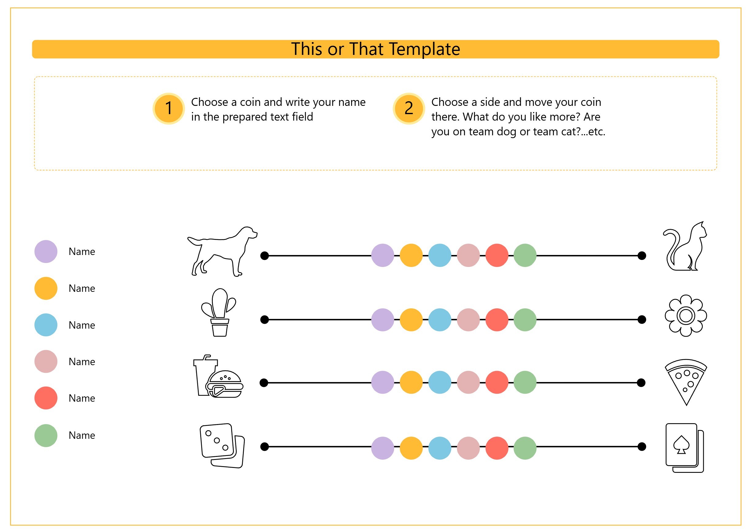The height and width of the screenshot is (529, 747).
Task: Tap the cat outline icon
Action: point(685,246)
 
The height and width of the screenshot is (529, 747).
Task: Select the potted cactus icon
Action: point(218,312)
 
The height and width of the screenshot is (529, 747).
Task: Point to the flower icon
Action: point(685,316)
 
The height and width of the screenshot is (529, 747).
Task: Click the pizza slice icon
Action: point(686,382)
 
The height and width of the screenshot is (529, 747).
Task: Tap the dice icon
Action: point(222,446)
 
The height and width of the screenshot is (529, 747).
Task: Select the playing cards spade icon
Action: point(684,448)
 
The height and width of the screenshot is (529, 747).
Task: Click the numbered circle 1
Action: point(169,109)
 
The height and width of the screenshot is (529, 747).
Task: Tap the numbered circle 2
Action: point(409,109)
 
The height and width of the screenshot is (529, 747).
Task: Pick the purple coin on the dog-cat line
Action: point(383,255)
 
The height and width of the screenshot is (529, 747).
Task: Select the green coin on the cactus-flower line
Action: point(525,320)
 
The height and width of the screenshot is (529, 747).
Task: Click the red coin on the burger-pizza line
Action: point(497,382)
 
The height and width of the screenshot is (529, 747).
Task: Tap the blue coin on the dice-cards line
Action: point(440,448)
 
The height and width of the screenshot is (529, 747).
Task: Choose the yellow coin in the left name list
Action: point(46,288)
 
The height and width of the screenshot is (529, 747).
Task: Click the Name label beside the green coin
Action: point(82,435)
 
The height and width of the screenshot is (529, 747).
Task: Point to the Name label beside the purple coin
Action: point(82,252)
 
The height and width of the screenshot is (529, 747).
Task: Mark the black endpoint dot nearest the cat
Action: point(642,256)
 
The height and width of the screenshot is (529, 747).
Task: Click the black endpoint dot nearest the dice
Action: point(265,446)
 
